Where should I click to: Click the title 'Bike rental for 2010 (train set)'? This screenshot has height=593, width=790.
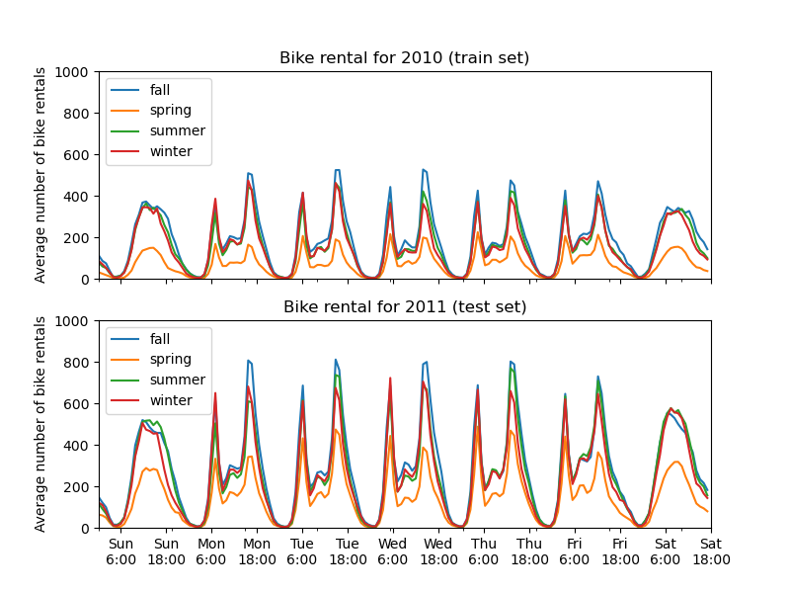[x=404, y=57]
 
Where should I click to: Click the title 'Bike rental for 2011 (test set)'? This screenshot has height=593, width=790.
[x=404, y=306]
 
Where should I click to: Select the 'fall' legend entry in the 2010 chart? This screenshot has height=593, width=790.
[x=159, y=90]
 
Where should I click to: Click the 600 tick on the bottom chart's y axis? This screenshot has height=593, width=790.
[x=78, y=404]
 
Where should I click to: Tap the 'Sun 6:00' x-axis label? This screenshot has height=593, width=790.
[x=120, y=551]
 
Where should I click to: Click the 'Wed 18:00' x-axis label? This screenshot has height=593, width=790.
[x=438, y=551]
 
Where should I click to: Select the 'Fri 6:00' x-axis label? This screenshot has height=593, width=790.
[x=575, y=551]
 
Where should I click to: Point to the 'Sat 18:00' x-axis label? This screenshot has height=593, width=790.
[x=710, y=551]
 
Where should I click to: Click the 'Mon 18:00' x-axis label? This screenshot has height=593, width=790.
[x=257, y=551]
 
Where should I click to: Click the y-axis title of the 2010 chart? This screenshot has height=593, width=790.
[x=40, y=175]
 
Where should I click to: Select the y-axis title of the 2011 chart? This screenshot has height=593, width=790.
[x=40, y=424]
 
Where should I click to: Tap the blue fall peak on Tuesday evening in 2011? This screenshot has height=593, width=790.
[x=336, y=360]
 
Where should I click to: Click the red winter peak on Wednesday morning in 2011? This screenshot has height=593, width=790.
[x=390, y=378]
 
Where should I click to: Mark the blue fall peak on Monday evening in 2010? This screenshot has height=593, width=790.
[x=249, y=173]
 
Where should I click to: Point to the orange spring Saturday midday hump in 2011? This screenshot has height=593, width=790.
[x=676, y=462]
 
